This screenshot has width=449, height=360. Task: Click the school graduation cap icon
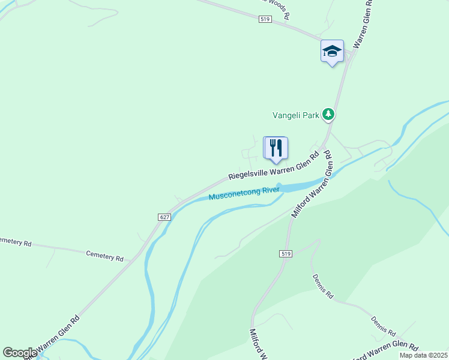(331, 51)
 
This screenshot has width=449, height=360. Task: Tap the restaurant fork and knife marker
(276, 148)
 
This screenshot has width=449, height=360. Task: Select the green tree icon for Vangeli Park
(328, 113)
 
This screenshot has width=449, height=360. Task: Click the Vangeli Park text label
(295, 115)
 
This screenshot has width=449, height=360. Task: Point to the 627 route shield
(166, 217)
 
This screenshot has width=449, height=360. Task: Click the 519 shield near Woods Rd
(266, 20)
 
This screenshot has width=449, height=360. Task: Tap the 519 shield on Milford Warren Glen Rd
(286, 254)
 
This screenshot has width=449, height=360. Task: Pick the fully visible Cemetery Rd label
(104, 256)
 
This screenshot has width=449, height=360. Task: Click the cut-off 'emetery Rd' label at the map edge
(15, 242)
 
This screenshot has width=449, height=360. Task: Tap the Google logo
(20, 353)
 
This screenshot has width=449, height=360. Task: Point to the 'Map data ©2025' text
(423, 355)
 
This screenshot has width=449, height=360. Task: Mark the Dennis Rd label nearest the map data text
(384, 326)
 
